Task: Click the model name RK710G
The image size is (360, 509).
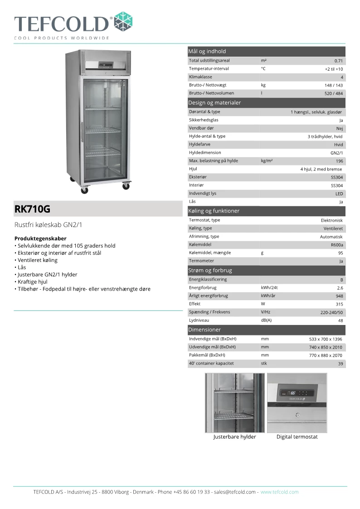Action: pyautogui.click(x=32, y=209)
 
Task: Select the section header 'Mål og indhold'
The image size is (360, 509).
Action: pyautogui.click(x=207, y=51)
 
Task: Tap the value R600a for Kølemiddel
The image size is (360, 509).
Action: pyautogui.click(x=337, y=245)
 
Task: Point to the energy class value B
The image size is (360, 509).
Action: pyautogui.click(x=341, y=280)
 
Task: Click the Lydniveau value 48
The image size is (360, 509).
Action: pyautogui.click(x=341, y=321)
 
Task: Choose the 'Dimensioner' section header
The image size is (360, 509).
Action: pyautogui.click(x=204, y=330)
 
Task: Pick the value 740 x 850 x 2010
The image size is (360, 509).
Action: pyautogui.click(x=326, y=347)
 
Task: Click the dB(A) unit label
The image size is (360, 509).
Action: pyautogui.click(x=266, y=320)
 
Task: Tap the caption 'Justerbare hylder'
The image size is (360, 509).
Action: pyautogui.click(x=234, y=437)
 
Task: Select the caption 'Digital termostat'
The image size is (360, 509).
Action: pyautogui.click(x=297, y=437)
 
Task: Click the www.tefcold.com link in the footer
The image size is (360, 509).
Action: pyautogui.click(x=279, y=492)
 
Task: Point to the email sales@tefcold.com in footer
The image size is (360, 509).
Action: pyautogui.click(x=235, y=492)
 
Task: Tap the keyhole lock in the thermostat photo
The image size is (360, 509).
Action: pyautogui.click(x=297, y=414)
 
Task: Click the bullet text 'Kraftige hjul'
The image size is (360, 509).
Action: pyautogui.click(x=32, y=281)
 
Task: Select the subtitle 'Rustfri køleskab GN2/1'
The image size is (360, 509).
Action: pyautogui.click(x=48, y=225)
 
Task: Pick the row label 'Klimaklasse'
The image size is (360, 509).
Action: pyautogui.click(x=200, y=77)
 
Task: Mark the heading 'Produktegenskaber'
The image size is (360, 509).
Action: pyautogui.click(x=40, y=238)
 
